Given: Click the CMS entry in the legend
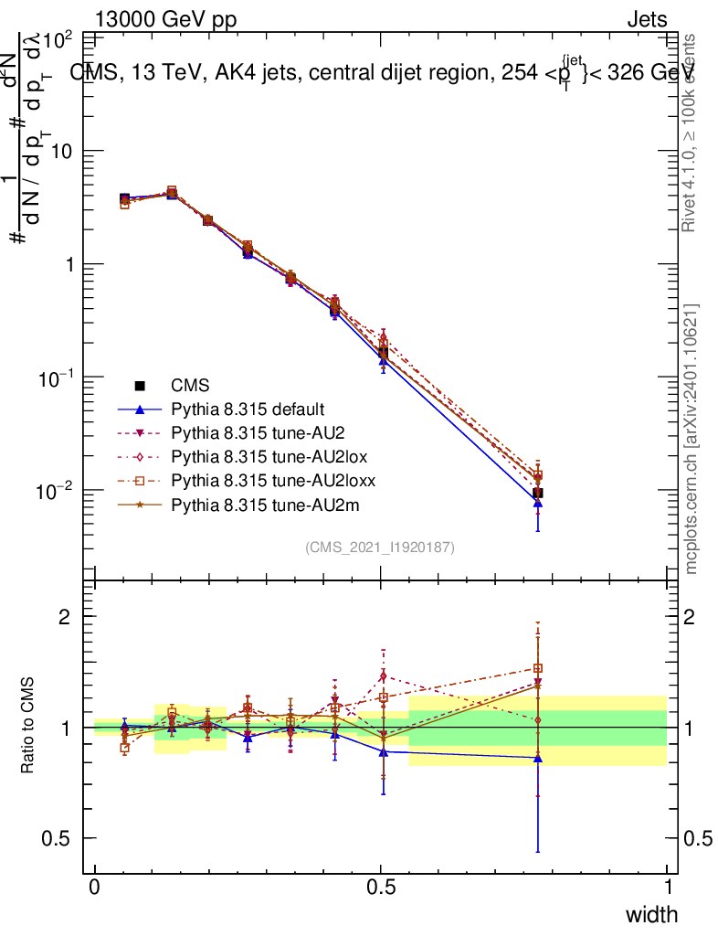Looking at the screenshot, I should click(x=191, y=386).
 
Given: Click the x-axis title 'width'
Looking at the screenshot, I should click(x=651, y=914).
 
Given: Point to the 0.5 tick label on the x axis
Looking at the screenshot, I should click(x=381, y=888).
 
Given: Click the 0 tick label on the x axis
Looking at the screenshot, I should click(x=95, y=888).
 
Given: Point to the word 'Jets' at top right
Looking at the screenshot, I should click(x=647, y=19).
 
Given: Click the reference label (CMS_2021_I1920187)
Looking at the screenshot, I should click(x=380, y=547).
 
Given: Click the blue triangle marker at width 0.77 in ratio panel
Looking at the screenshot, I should click(x=538, y=758).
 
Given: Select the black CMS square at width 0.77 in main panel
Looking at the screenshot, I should click(x=538, y=493).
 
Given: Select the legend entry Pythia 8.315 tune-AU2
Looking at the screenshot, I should click(x=250, y=432).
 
